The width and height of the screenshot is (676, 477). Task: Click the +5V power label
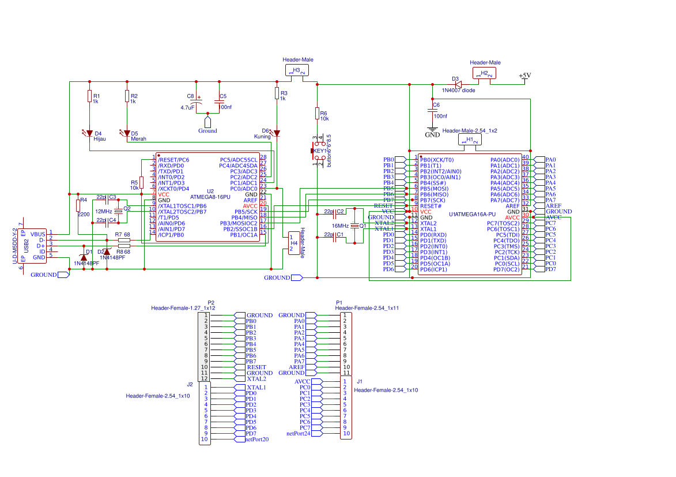(x=524, y=76)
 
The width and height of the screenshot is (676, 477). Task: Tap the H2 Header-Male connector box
(x=484, y=73)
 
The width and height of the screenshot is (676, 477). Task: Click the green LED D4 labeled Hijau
(x=89, y=133)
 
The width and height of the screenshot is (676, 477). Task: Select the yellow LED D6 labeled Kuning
(x=277, y=133)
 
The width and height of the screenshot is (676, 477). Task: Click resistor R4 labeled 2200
(x=78, y=206)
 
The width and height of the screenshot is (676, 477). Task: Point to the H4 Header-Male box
(x=294, y=243)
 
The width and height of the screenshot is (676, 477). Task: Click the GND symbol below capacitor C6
(x=432, y=132)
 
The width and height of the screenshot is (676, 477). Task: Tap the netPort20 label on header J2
(x=257, y=440)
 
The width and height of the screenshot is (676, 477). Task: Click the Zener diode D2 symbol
(x=107, y=251)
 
